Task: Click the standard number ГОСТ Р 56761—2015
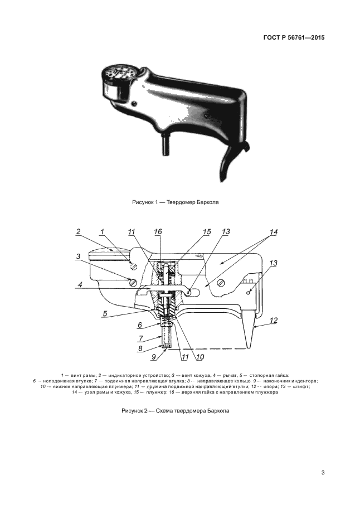tap(294, 38)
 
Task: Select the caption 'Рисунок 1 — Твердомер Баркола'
tap(175, 202)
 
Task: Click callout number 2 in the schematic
tap(79, 231)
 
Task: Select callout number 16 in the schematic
tap(158, 231)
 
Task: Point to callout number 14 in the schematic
tap(274, 231)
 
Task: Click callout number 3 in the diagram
tap(79, 256)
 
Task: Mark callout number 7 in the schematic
tap(141, 338)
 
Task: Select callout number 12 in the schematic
tap(274, 320)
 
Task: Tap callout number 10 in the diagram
tap(199, 357)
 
